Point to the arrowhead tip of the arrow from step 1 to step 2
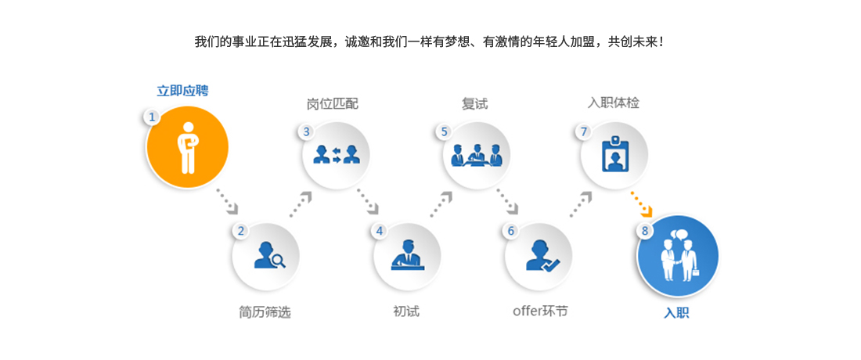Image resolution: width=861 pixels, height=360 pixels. pos(238,213)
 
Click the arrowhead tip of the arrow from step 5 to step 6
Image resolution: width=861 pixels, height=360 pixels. pos(517,213)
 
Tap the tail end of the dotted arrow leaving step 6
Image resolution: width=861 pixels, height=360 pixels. pos(571,216)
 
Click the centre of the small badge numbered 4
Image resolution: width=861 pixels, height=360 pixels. pos(380,231)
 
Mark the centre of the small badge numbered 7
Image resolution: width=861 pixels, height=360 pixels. pos(584,131)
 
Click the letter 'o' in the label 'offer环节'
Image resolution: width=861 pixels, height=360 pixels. pos(516,311)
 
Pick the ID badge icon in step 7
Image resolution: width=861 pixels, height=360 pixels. pos(614,154)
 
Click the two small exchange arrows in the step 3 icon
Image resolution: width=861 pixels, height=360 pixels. pos(337,154)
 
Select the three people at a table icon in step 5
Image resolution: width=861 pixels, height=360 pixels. pos(477,155)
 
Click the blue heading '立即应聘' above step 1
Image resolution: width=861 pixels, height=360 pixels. pos(183,91)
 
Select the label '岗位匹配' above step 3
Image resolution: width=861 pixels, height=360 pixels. pos(332,103)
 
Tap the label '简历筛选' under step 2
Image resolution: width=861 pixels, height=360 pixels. pos(265,312)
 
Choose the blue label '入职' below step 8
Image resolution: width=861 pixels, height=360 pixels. pos(676,313)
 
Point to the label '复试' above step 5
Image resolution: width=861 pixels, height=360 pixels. pos(474,103)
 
